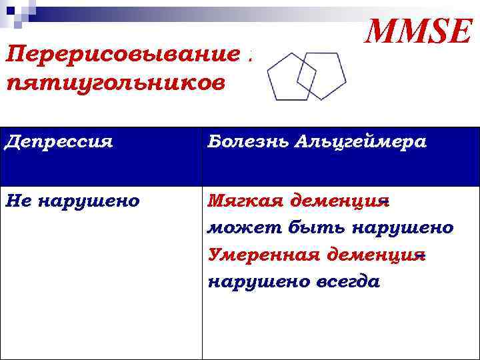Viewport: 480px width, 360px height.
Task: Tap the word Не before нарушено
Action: [x=19, y=201]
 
